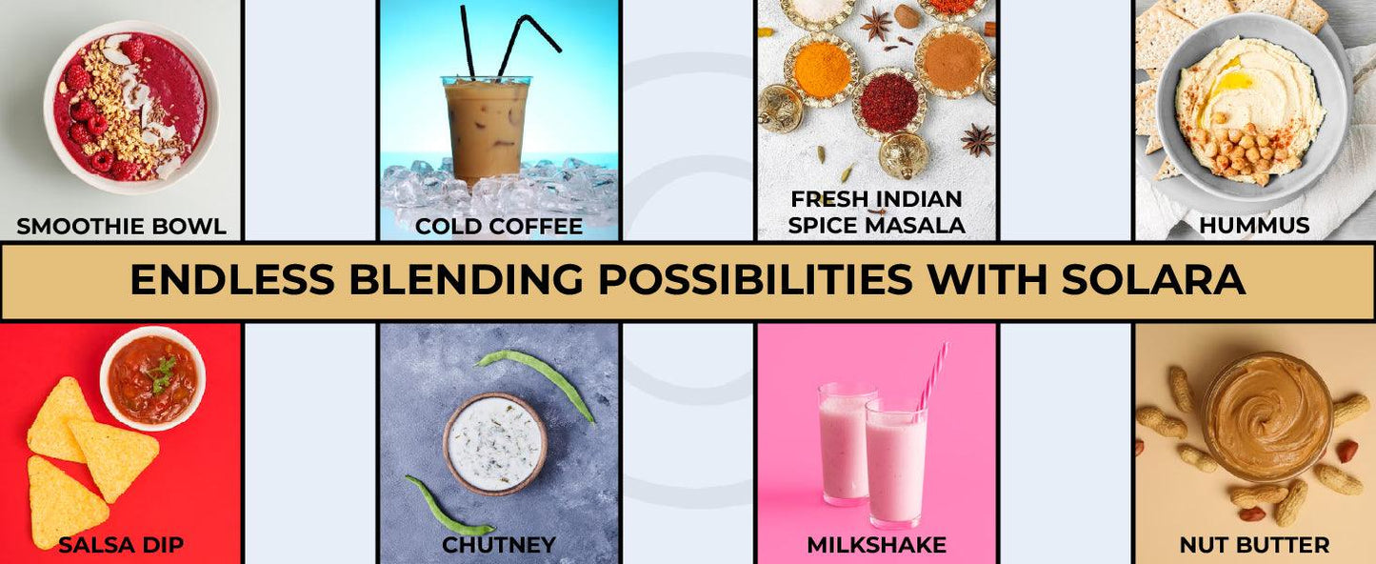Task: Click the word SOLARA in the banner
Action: pyautogui.click(x=1153, y=279)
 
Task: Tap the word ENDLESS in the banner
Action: pyautogui.click(x=232, y=279)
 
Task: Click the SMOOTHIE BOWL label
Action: pyautogui.click(x=121, y=226)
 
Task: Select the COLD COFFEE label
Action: pyautogui.click(x=499, y=226)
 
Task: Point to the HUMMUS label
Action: pyautogui.click(x=1254, y=226)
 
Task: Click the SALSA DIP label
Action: pyautogui.click(x=121, y=544)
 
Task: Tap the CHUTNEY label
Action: pyautogui.click(x=499, y=544)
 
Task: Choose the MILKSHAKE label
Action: pyautogui.click(x=877, y=544)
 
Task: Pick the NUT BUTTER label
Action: pyautogui.click(x=1254, y=544)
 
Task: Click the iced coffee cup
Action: pyautogui.click(x=486, y=129)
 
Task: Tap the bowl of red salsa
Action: pyautogui.click(x=152, y=377)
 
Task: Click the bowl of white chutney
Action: pyautogui.click(x=495, y=444)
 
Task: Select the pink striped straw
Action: pyautogui.click(x=932, y=376)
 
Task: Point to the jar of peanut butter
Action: pyautogui.click(x=1267, y=416)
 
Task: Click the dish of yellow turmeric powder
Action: pyautogui.click(x=821, y=70)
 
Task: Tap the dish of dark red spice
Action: pyautogui.click(x=888, y=102)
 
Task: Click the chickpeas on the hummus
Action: pyautogui.click(x=1242, y=152)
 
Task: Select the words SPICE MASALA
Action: pyautogui.click(x=877, y=226)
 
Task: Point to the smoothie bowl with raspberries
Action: pyautogui.click(x=130, y=107)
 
